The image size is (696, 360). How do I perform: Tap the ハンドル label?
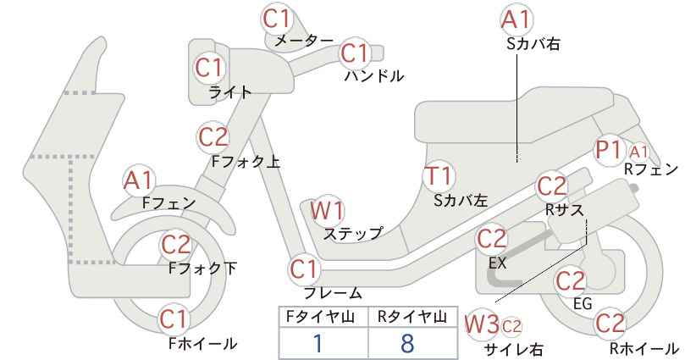[374, 76]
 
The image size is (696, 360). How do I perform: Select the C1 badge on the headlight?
[209, 68]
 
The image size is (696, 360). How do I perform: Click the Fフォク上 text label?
[246, 162]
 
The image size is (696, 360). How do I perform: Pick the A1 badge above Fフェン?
[139, 180]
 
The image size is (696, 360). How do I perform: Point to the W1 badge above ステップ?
[327, 210]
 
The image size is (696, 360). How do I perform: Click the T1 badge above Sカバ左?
[439, 176]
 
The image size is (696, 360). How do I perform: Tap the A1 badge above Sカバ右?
[516, 20]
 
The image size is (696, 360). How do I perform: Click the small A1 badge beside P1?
[638, 152]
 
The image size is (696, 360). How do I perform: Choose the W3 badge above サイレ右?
[482, 325]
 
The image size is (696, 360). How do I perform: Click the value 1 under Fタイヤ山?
[318, 344]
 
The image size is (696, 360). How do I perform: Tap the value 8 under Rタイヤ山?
[406, 344]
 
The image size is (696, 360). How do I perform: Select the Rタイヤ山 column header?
[412, 317]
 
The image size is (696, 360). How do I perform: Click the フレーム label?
[333, 292]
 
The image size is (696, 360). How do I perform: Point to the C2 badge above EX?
[491, 239]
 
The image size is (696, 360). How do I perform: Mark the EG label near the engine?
[583, 303]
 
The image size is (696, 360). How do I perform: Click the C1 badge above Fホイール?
[174, 319]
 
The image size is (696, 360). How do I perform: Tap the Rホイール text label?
[644, 348]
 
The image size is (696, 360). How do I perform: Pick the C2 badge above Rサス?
[552, 187]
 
